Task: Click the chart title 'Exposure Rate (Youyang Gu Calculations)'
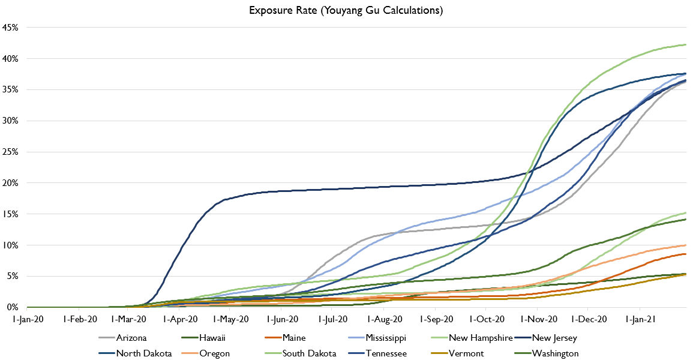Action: (346, 11)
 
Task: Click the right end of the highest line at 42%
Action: (686, 44)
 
